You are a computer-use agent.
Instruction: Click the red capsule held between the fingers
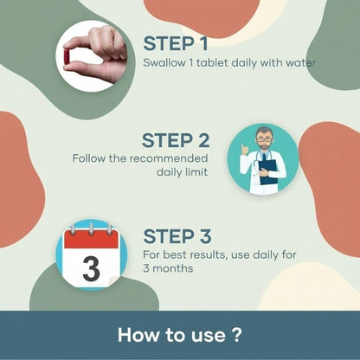[x=67, y=56]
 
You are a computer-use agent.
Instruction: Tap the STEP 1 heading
[x=176, y=43]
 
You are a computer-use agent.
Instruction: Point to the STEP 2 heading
[x=176, y=140]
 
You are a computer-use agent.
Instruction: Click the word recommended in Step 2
[x=169, y=158]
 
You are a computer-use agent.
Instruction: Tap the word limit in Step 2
[x=196, y=172]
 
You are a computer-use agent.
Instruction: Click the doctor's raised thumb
[x=245, y=150]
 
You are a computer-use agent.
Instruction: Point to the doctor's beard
[x=264, y=146]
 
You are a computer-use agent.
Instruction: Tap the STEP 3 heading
[x=177, y=236]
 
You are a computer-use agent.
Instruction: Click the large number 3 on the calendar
[x=91, y=268]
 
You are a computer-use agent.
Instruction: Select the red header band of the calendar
[x=91, y=239]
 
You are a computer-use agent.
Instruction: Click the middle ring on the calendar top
[x=91, y=229]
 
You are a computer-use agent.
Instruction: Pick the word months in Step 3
[x=172, y=268]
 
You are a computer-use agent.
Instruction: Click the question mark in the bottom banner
[x=236, y=335]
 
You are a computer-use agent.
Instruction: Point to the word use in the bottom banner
[x=209, y=337]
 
